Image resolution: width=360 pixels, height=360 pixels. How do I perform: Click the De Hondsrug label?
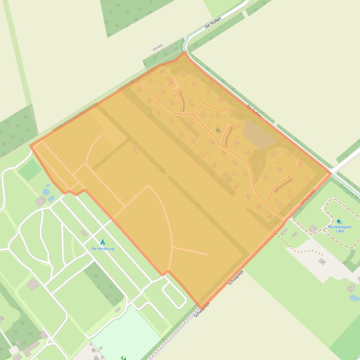tap(103, 249)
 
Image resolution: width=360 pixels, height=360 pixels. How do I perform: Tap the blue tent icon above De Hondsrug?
tap(103, 242)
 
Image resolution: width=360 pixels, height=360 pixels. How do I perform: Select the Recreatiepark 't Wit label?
tap(339, 229)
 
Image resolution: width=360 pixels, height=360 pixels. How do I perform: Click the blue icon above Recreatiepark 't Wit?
tap(338, 221)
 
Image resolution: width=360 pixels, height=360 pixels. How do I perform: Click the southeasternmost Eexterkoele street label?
tap(283, 185)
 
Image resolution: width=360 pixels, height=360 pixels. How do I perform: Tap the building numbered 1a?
tap(322, 262)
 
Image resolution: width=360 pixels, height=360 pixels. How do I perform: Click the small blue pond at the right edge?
tap(354, 298)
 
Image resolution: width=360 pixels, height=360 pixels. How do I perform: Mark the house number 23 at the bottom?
tap(96, 358)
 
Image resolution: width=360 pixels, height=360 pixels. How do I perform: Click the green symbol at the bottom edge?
tap(124, 358)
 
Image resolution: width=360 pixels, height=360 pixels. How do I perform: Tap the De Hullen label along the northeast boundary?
tap(254, 111)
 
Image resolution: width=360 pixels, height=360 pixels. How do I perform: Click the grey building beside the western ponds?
tap(40, 201)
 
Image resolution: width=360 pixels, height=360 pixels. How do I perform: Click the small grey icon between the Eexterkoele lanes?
tap(217, 130)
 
